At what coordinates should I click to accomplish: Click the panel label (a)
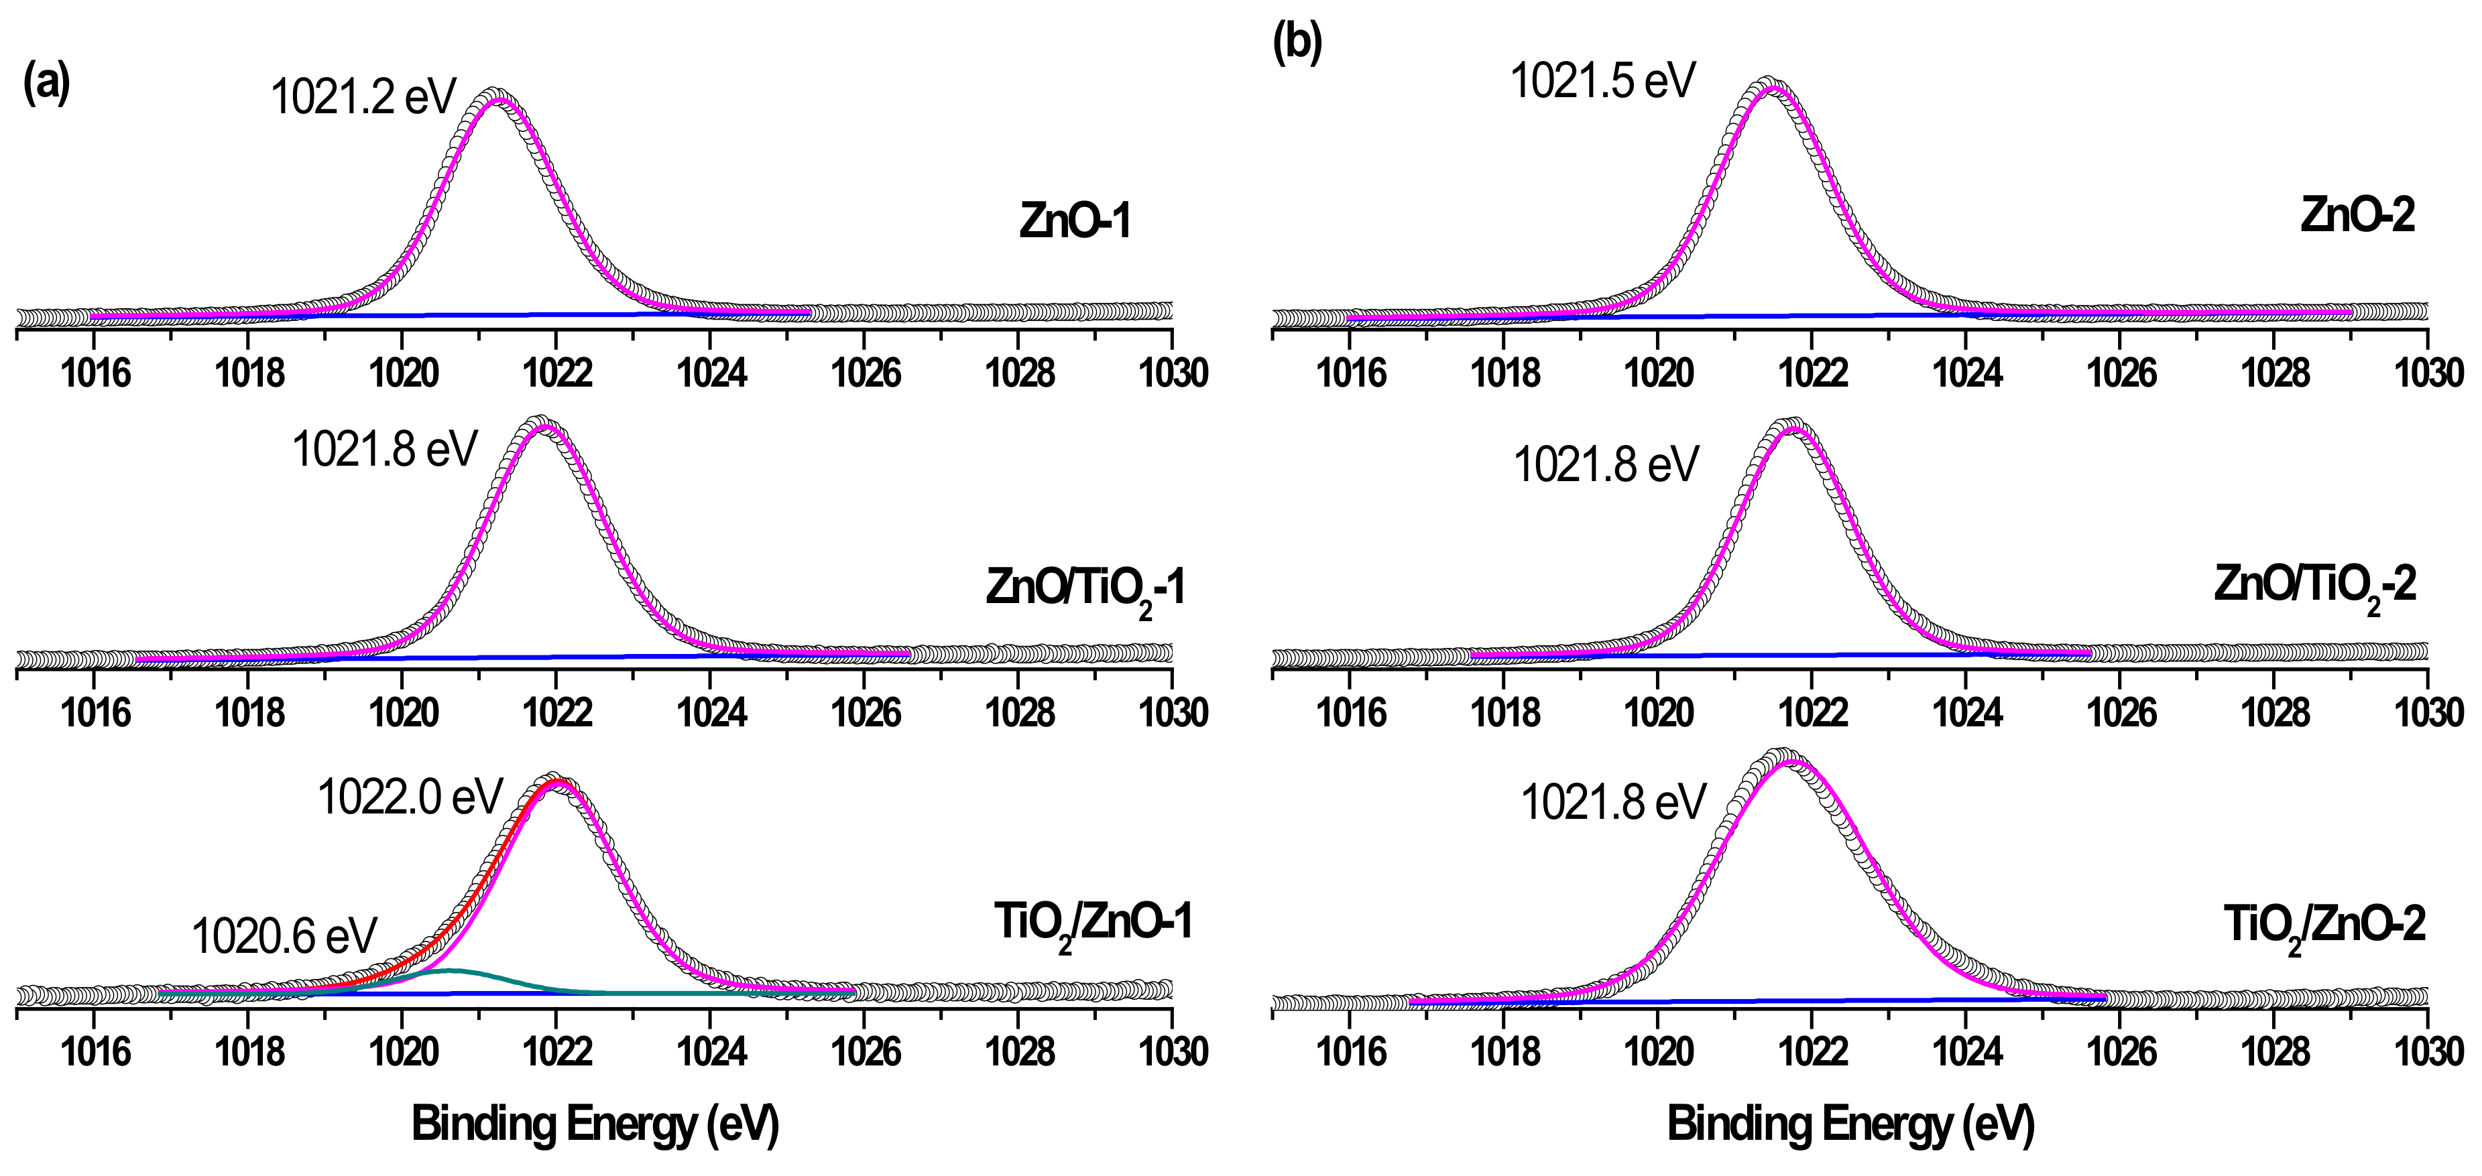(46, 84)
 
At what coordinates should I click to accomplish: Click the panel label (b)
(1297, 44)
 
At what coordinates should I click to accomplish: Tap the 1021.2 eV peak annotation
(363, 97)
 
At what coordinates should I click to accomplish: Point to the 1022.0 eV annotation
(410, 797)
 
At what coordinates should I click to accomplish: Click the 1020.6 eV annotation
(284, 935)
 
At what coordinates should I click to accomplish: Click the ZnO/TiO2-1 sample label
(1085, 588)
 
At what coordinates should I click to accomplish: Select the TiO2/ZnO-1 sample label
(1093, 925)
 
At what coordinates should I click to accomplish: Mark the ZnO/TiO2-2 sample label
(2314, 586)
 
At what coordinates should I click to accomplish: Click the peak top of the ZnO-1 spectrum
(495, 95)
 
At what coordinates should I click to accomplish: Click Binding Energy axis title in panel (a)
(595, 1124)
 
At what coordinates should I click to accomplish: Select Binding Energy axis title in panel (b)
(1850, 1124)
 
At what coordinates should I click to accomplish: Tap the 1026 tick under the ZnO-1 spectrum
(866, 372)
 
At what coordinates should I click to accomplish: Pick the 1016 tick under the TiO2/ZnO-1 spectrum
(95, 1050)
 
